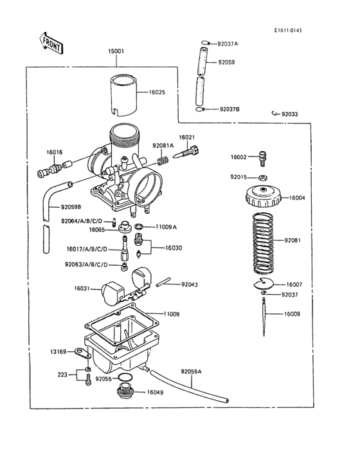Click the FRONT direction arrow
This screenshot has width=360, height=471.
[x=51, y=43]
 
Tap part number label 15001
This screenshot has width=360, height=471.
[x=116, y=51]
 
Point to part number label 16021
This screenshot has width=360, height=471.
[x=186, y=137]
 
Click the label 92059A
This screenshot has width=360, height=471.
[x=191, y=371]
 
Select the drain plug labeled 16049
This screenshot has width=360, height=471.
[x=124, y=391]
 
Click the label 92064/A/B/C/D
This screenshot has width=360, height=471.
[x=82, y=221]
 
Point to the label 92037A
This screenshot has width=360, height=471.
[x=228, y=44]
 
